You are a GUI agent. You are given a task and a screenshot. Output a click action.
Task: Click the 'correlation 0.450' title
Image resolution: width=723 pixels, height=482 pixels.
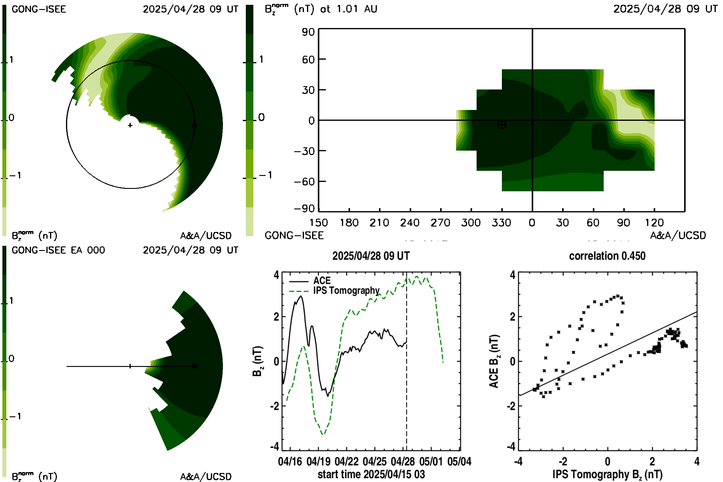[607, 256]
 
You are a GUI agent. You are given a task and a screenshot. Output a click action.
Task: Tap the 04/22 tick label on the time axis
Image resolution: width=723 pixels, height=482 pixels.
[346, 462]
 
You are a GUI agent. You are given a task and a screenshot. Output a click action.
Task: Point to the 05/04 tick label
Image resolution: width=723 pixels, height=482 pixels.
[459, 462]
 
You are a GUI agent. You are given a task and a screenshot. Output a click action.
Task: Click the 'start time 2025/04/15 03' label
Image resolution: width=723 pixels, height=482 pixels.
[371, 474]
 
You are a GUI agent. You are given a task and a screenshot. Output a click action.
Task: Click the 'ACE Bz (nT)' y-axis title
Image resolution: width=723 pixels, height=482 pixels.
[494, 361]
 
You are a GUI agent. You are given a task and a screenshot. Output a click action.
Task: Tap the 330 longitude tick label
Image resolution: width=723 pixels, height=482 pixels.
[501, 223]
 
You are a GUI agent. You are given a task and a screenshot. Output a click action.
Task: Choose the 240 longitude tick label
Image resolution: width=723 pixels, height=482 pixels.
[410, 223]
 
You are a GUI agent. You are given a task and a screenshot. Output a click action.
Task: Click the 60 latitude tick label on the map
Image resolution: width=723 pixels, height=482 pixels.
[308, 59]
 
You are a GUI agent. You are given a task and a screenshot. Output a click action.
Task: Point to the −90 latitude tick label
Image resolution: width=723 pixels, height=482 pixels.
[304, 209]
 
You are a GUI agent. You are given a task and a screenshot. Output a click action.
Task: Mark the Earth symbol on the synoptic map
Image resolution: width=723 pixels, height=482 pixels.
[501, 125]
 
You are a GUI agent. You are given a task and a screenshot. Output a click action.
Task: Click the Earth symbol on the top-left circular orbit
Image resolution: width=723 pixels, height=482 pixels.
[194, 125]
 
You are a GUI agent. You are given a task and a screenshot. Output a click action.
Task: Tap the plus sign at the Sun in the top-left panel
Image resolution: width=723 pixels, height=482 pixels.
[130, 125]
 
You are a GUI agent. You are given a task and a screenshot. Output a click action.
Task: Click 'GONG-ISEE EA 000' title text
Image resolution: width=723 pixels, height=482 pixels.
[58, 250]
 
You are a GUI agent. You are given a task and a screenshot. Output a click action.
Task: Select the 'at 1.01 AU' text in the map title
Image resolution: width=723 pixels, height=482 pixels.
[349, 9]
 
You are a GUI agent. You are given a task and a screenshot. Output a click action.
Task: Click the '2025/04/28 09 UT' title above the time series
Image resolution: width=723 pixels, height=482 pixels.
[371, 256]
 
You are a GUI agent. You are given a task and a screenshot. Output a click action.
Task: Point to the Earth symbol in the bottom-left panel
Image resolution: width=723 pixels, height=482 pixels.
[194, 366]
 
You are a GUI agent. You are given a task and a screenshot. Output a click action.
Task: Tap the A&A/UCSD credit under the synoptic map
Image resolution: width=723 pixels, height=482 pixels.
[678, 236]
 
